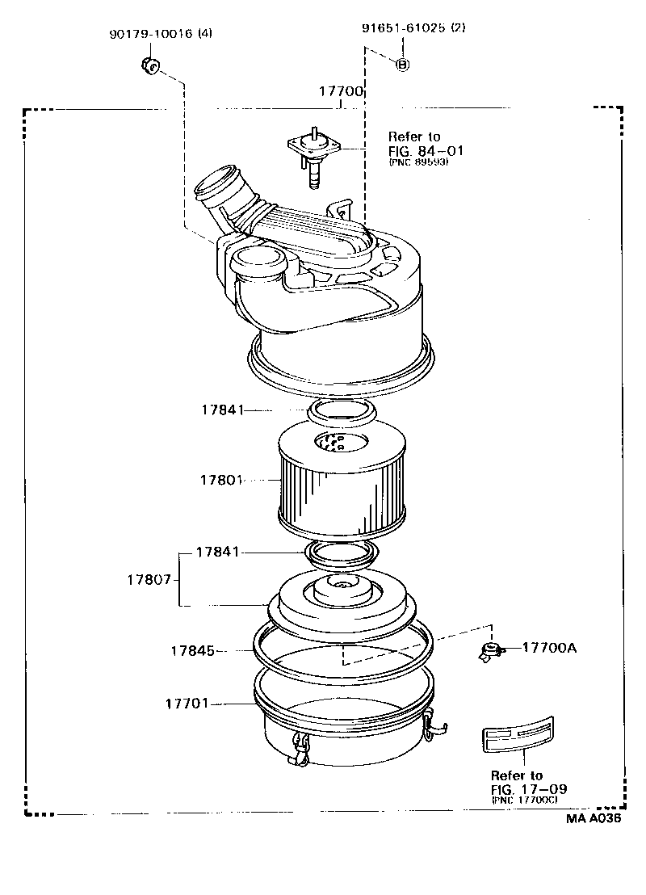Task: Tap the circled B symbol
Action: coord(402,65)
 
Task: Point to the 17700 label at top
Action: coord(340,93)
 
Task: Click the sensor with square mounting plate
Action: coord(314,153)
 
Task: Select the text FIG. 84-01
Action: coord(426,150)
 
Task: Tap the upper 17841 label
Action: coord(222,410)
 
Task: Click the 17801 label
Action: coord(221,480)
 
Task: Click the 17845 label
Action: coord(192,649)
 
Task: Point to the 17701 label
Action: coord(187,704)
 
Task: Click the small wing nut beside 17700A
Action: coord(489,651)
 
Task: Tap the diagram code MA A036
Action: coord(594,817)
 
